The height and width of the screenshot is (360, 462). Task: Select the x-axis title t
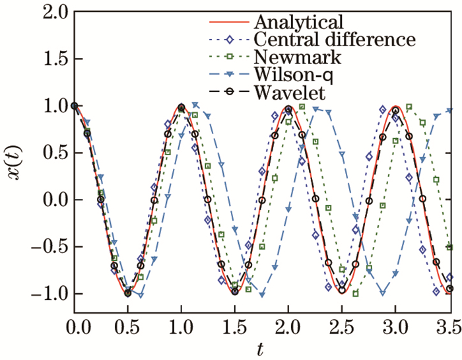point(263,347)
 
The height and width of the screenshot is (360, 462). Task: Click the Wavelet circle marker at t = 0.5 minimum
point(127,293)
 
